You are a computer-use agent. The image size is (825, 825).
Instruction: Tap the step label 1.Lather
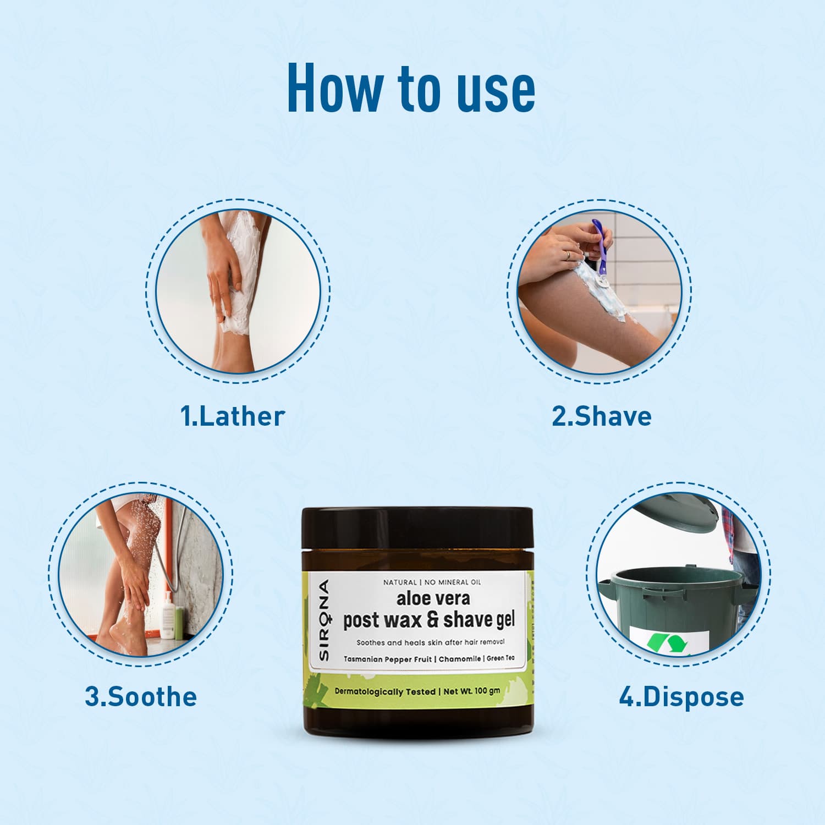point(233,416)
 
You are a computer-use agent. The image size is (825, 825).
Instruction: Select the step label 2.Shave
point(602,416)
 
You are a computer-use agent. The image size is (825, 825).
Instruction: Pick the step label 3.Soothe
point(141,696)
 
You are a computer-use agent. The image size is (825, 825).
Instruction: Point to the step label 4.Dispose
point(681,696)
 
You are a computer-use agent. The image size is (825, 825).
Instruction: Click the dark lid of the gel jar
point(417,528)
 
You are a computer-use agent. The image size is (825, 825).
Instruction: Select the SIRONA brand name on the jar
point(323,620)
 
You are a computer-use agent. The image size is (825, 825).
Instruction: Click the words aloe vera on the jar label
point(433,598)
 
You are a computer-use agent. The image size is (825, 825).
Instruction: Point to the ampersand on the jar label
point(433,620)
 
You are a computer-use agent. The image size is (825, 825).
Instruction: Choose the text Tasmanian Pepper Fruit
point(388,659)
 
